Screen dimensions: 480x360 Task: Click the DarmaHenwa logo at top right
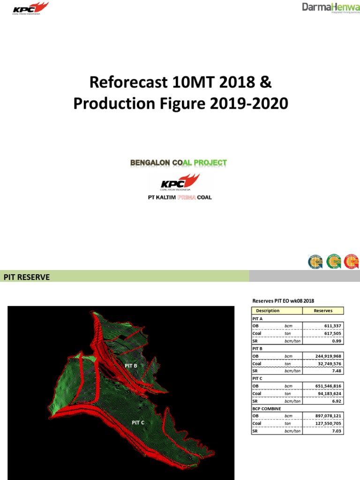(x=330, y=8)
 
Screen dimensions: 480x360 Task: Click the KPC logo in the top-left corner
(x=30, y=8)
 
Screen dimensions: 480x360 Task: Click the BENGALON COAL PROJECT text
(x=179, y=163)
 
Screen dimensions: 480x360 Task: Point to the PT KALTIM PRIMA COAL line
(x=180, y=197)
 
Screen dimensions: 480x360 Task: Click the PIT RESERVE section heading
(x=27, y=277)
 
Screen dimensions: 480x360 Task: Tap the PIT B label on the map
(x=131, y=365)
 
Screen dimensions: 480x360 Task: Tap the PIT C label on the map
(x=138, y=422)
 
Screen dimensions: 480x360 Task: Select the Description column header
(x=268, y=311)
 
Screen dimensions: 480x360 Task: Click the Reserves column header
(x=323, y=311)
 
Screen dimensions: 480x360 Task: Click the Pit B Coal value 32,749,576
(x=328, y=363)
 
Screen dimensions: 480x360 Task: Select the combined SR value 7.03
(x=337, y=431)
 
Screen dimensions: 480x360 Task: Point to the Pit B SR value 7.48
(x=337, y=371)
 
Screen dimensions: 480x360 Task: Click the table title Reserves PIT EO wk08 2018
(x=283, y=300)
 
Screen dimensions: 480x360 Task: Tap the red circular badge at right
(x=352, y=261)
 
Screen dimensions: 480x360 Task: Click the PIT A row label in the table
(x=257, y=318)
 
